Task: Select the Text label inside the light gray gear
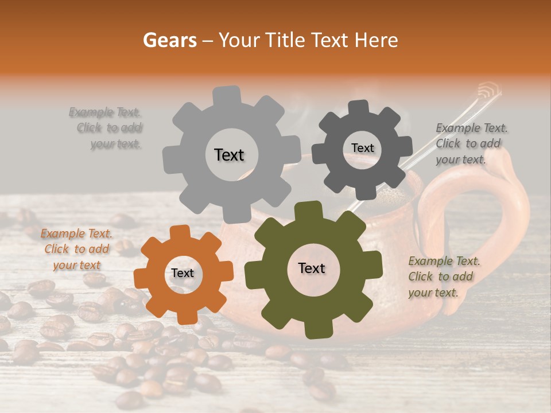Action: pos(229,155)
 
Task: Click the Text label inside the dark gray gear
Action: pos(362,148)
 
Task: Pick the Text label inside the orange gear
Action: pos(183,274)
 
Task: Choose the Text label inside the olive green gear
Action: pos(312,268)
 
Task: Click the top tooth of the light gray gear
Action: pos(227,95)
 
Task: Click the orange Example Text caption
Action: pos(76,250)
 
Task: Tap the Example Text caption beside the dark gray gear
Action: pos(471,143)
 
